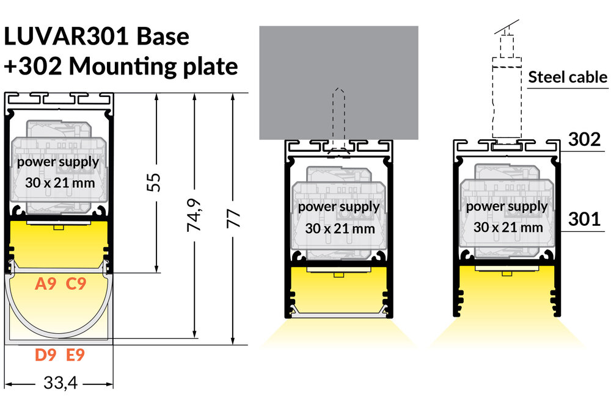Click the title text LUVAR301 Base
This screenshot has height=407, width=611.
97,37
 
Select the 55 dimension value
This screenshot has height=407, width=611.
156,182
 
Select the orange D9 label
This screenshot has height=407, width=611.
46,355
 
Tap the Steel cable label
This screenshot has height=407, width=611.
568,77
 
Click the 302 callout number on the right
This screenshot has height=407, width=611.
585,140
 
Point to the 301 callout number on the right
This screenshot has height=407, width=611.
585,218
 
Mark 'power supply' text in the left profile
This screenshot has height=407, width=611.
57,162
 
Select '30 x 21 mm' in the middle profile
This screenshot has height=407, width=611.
338,229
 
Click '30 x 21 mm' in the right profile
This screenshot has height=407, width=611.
507,228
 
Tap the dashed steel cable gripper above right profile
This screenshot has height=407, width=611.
507,98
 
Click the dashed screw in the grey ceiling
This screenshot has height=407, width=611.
338,116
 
